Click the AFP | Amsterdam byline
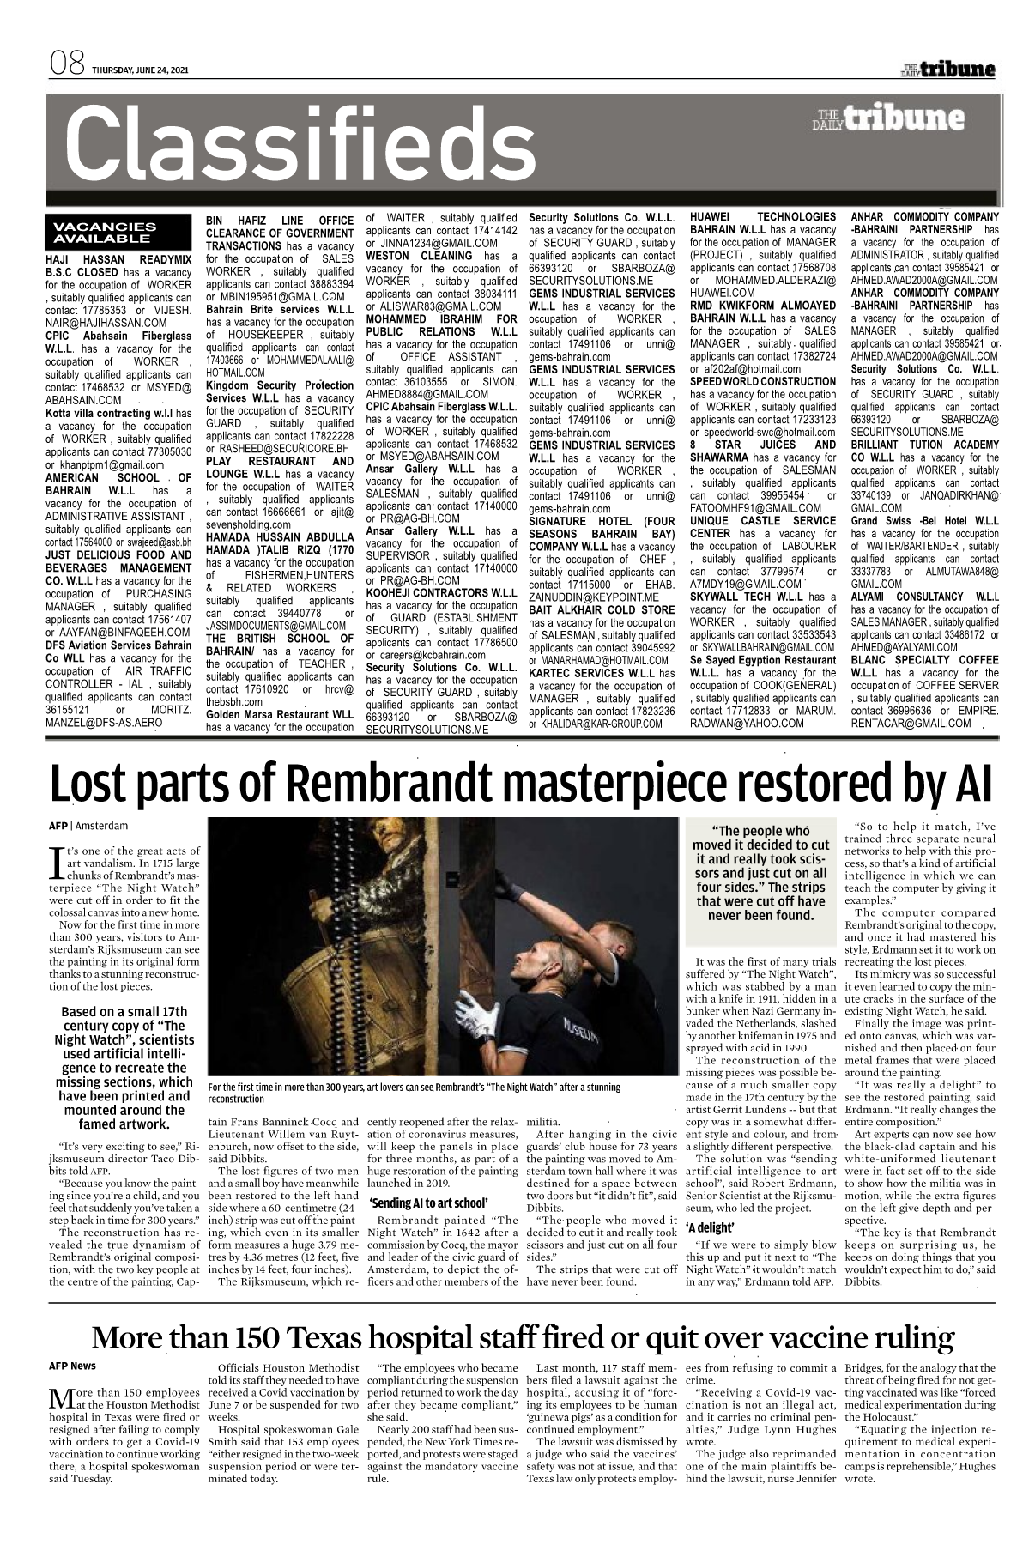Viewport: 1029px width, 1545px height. click(88, 826)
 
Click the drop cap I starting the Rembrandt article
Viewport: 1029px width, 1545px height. click(57, 857)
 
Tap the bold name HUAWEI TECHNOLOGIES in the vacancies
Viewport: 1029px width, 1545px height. click(762, 218)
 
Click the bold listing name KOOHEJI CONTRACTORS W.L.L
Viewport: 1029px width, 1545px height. click(440, 593)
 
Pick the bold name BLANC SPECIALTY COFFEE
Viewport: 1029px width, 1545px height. click(924, 658)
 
